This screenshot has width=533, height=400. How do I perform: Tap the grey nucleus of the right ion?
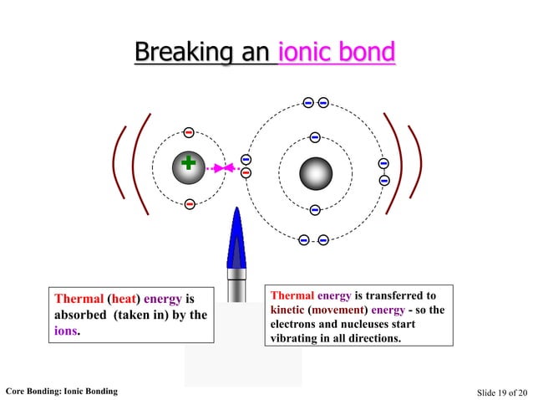[x=315, y=172]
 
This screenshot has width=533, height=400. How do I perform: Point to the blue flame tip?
[x=236, y=213]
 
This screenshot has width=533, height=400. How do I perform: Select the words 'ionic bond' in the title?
[x=337, y=53]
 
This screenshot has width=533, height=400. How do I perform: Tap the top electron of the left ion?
[x=189, y=132]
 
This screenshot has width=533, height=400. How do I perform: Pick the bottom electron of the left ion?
[x=190, y=204]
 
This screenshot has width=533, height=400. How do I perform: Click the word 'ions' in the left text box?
[x=67, y=331]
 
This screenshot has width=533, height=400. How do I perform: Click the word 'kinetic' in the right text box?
[x=288, y=310]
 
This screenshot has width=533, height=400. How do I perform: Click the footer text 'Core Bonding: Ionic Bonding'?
[x=61, y=391]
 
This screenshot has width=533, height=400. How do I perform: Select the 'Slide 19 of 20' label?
[x=502, y=392]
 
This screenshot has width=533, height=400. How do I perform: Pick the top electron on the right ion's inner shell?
[x=315, y=137]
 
